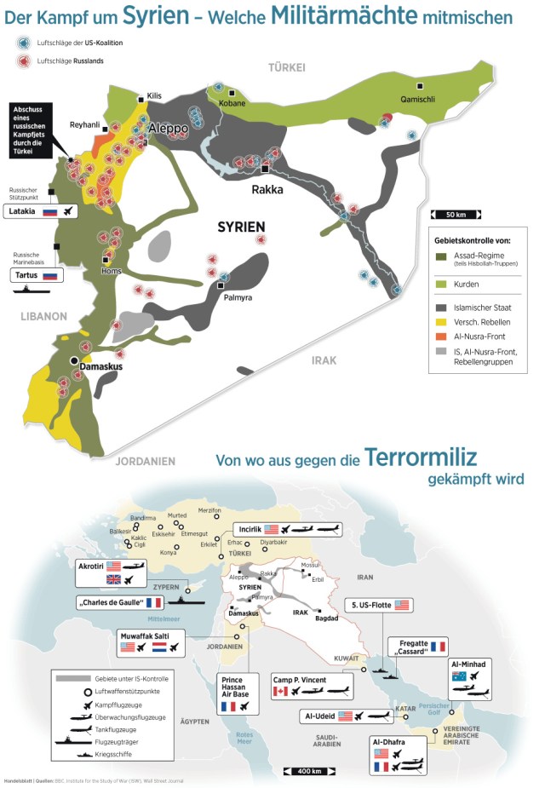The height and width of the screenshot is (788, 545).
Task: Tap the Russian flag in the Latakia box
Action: [x=49, y=211]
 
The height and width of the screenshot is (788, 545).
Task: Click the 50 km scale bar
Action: [x=454, y=214]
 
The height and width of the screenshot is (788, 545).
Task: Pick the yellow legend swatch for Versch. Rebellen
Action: [x=441, y=322]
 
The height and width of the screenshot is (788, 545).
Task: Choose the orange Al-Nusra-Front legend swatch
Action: [x=441, y=336]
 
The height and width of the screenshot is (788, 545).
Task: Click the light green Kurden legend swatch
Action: [x=441, y=284]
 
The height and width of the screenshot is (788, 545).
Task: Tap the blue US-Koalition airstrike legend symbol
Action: [x=21, y=42]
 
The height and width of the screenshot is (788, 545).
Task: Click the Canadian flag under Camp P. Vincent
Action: [x=280, y=691]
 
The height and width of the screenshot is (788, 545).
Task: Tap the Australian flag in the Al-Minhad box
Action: [x=459, y=675]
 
